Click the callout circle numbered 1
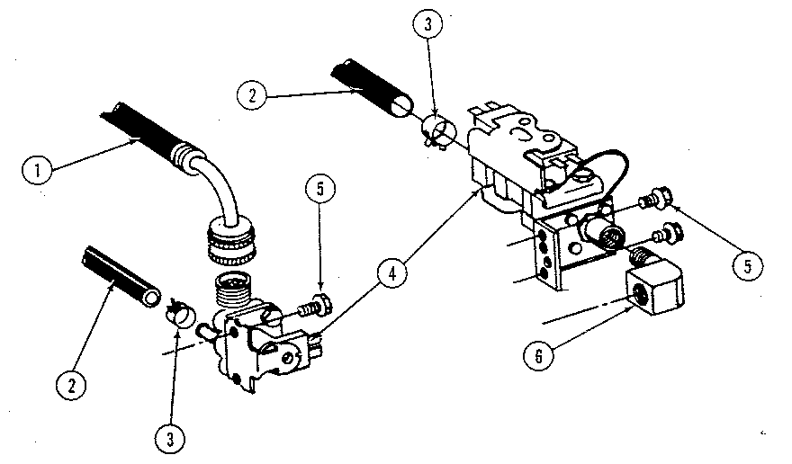[x=37, y=168]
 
